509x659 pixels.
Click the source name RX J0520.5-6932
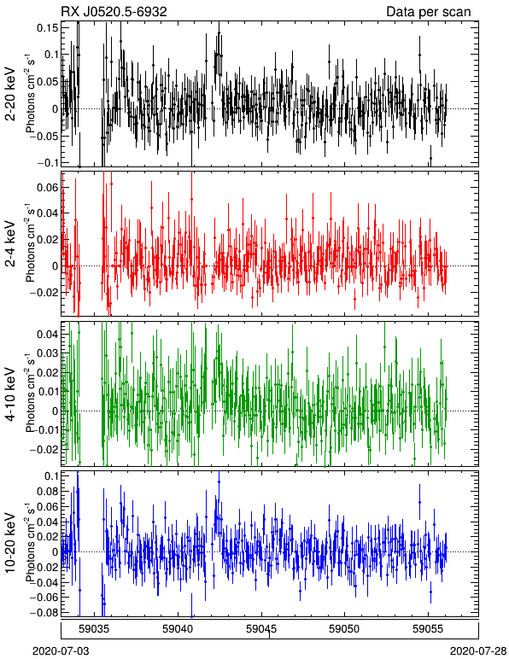tap(114, 11)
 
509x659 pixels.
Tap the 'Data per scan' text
tap(429, 12)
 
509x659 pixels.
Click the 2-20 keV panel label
tap(10, 94)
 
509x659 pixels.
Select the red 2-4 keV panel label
tap(10, 244)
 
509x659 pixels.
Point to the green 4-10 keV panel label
tap(10, 394)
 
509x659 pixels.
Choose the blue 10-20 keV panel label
tap(10, 543)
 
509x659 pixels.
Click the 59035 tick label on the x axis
tap(94, 629)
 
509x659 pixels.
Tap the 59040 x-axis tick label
tap(178, 629)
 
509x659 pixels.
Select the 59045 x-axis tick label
tap(261, 629)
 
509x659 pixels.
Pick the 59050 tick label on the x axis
tap(345, 629)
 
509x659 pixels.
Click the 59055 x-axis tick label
tap(428, 629)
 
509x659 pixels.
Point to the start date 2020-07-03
tap(61, 651)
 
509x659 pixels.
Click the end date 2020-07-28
tap(478, 651)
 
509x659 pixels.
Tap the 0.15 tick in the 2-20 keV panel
tap(48, 27)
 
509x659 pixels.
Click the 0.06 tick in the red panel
tap(48, 187)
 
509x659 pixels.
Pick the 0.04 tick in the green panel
tap(48, 334)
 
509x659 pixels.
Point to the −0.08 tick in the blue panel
tap(44, 612)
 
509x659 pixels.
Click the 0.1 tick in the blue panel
tap(51, 475)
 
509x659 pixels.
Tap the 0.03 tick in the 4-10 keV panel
tap(48, 353)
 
